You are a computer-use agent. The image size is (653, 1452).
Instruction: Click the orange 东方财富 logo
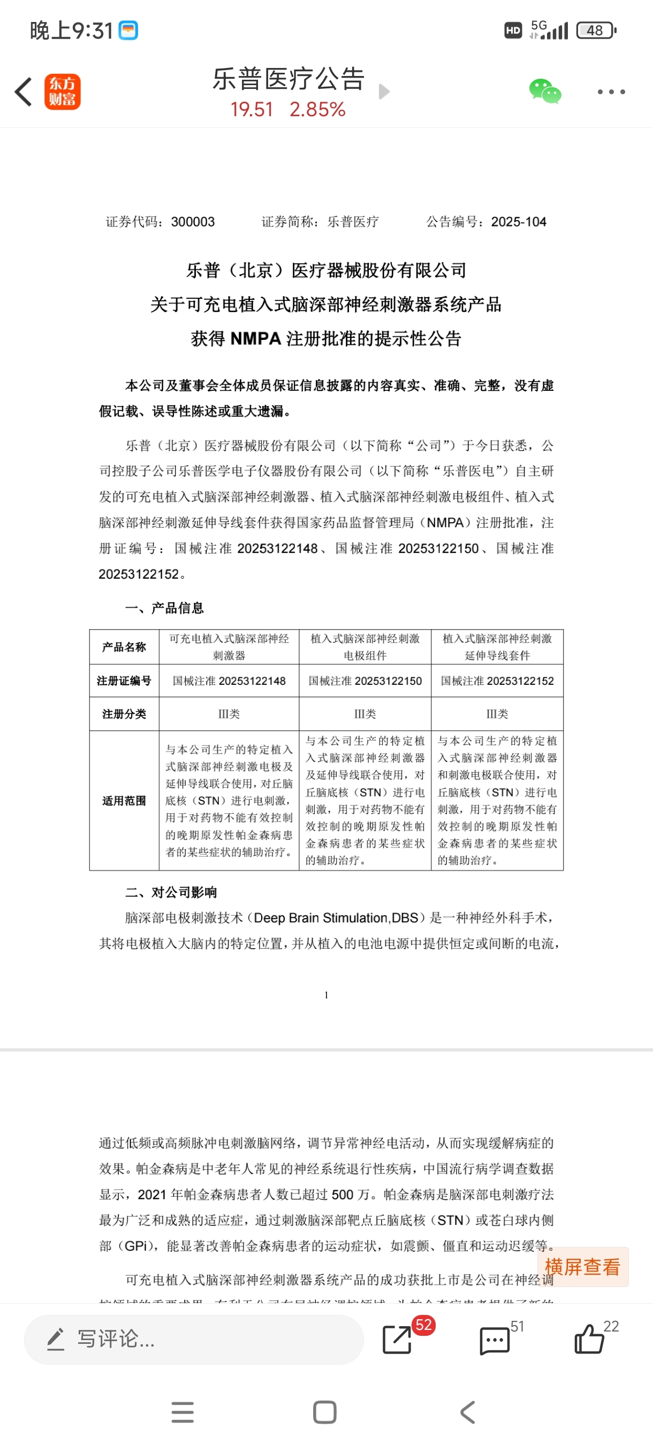63,92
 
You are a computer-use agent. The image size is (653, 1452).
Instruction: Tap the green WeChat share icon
545,92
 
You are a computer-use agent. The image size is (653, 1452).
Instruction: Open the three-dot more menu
611,92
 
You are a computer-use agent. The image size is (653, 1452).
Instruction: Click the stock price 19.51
251,109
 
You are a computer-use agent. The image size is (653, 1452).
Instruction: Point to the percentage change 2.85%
317,109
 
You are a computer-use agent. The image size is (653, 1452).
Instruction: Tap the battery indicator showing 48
596,31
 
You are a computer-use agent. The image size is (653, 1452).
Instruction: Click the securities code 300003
193,222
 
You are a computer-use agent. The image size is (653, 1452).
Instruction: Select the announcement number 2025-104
518,222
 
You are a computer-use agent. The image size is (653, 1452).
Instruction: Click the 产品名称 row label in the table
124,647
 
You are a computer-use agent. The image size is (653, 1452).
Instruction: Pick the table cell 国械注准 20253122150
365,681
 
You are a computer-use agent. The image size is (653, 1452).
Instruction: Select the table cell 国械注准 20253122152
497,681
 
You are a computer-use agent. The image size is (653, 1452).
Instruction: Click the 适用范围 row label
124,801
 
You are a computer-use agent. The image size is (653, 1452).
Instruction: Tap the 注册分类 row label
124,714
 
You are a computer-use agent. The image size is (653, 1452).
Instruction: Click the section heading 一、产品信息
164,608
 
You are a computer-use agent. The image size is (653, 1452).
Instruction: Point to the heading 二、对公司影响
171,893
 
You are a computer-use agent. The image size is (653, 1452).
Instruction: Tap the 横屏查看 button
582,1267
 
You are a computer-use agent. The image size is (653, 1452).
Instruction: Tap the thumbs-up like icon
589,1338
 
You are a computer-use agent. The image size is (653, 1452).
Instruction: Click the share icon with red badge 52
397,1339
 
